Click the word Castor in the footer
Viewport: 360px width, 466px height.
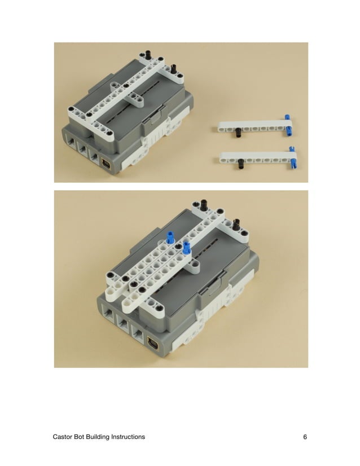[63, 437]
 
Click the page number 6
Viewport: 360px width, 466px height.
[305, 437]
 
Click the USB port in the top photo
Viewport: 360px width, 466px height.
[107, 164]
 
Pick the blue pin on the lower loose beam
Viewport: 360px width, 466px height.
[293, 157]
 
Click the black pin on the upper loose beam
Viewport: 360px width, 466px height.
[239, 133]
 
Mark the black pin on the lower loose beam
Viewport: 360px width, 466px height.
[242, 164]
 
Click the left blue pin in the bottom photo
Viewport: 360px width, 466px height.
[170, 237]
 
